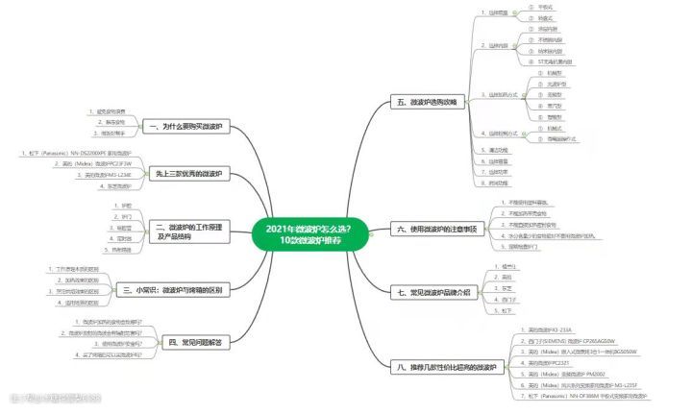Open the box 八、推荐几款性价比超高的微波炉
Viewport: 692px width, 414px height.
(x=446, y=366)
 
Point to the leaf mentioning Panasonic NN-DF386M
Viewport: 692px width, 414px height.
(x=577, y=395)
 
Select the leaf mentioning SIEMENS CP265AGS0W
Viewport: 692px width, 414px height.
(x=568, y=342)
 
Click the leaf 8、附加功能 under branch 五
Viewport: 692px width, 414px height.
(x=499, y=183)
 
